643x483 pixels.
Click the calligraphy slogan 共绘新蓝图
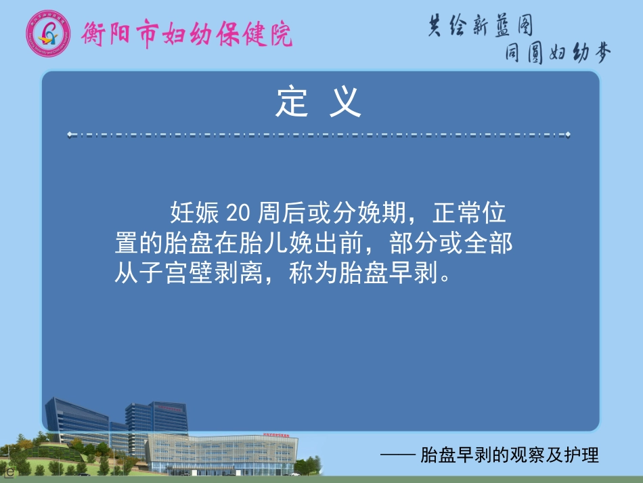pos(481,26)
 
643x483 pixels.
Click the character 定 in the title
pos(292,102)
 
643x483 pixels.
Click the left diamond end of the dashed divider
pos(70,135)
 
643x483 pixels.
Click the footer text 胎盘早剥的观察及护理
pos(510,455)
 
